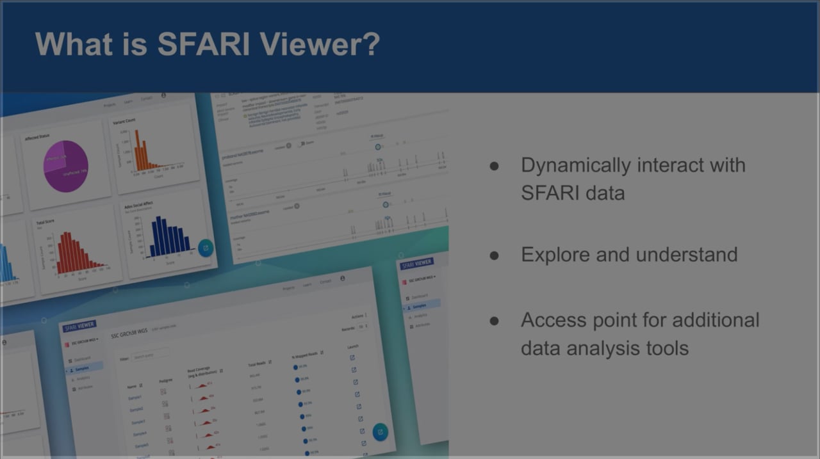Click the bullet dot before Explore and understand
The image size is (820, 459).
[x=494, y=255]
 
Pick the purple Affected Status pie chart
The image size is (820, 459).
[x=65, y=166]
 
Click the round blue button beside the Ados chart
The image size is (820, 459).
[x=206, y=248]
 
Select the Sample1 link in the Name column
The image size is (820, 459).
[x=135, y=398]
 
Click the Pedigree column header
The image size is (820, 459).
[x=165, y=380]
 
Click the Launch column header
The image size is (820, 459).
[x=352, y=347]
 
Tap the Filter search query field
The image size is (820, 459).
[x=151, y=354]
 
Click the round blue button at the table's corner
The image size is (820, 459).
[x=380, y=431]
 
